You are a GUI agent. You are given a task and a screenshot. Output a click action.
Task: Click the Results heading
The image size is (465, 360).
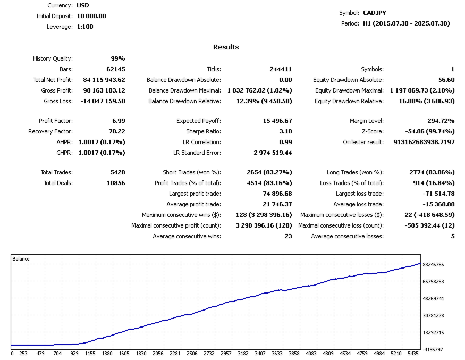(226, 47)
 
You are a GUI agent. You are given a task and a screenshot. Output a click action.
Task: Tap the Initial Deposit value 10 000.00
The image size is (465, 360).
(88, 16)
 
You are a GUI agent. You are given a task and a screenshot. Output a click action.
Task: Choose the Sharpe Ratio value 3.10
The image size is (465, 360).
(285, 131)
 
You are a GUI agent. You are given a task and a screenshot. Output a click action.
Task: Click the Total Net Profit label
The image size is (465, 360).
(53, 80)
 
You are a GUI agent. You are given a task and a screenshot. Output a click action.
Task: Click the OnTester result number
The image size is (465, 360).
(424, 142)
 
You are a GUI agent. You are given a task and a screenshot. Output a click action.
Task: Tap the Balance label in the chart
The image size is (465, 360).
(21, 259)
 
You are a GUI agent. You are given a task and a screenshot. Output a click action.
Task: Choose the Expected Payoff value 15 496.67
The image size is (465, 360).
(277, 121)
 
